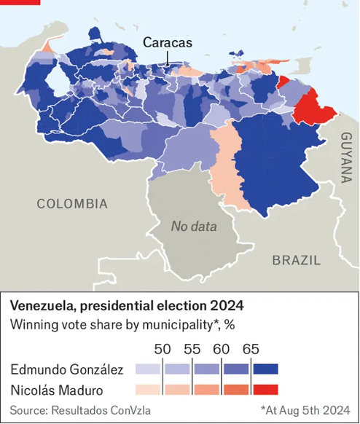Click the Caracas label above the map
(x=168, y=42)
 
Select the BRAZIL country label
(x=296, y=260)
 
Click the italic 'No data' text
(x=194, y=227)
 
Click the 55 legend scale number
(x=192, y=348)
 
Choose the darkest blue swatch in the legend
(x=266, y=369)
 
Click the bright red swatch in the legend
(x=266, y=389)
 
